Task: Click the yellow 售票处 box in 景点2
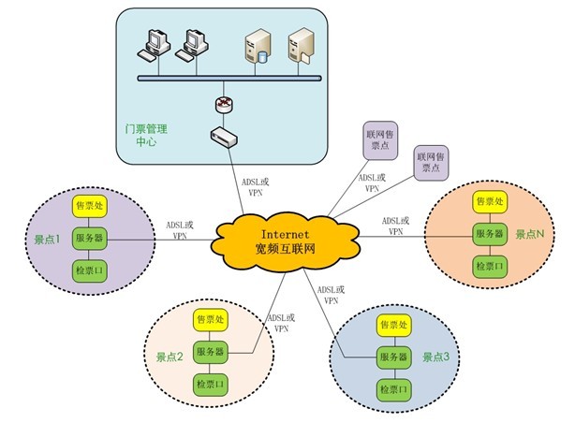pos(210,320)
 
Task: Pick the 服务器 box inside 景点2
pos(210,352)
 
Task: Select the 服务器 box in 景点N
pos(489,233)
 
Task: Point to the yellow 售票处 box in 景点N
pos(489,201)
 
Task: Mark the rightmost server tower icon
pos(300,47)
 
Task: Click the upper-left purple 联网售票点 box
pos(382,143)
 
